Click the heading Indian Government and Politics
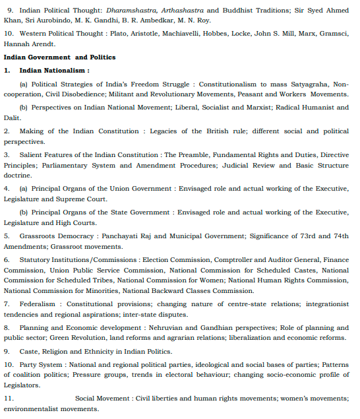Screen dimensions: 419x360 point(59,57)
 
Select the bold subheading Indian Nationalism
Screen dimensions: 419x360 point(54,69)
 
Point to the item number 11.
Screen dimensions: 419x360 point(9,398)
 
